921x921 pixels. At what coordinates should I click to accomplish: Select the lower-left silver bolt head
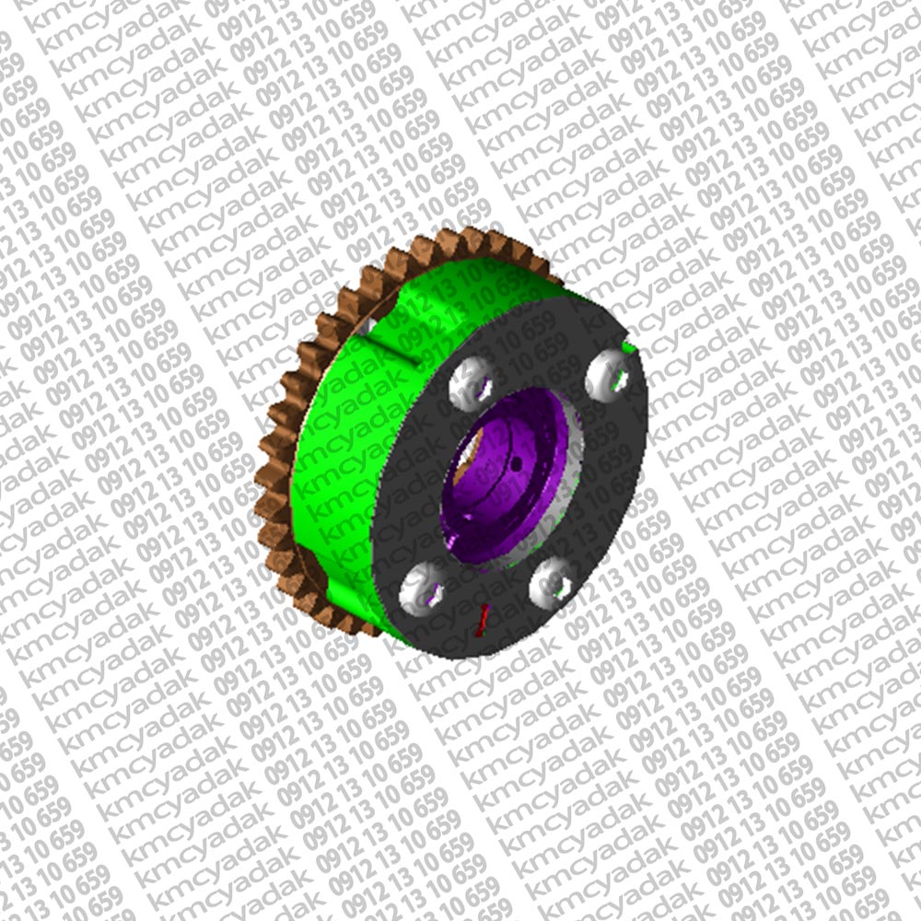(422, 589)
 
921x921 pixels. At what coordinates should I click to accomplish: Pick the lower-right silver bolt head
(552, 585)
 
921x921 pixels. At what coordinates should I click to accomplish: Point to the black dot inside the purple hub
(517, 465)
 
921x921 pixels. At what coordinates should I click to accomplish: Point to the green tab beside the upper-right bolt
(628, 348)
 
